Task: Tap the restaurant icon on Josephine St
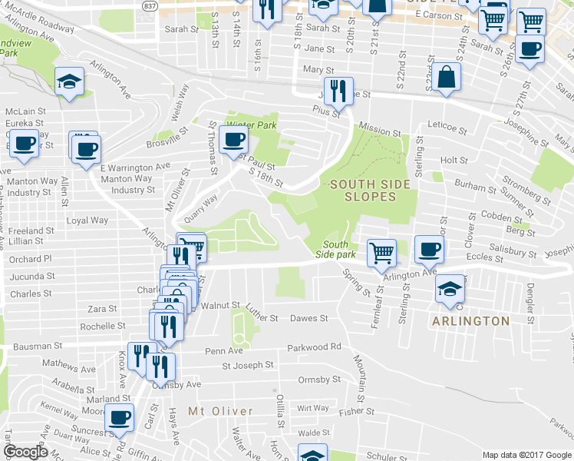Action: [337, 91]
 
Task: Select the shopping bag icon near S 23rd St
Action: [446, 78]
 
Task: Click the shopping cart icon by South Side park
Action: [381, 252]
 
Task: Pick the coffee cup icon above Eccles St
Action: [429, 248]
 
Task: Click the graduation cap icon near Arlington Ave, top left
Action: [69, 81]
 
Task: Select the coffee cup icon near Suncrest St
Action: [119, 417]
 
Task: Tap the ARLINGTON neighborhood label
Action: [471, 320]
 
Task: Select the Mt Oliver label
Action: [220, 411]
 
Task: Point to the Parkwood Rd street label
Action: [314, 347]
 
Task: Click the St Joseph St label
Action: [248, 365]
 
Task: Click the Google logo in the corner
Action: [26, 452]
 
